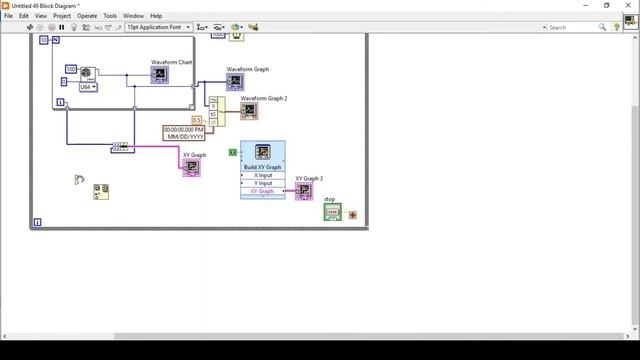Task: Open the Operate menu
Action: [87, 16]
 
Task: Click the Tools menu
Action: [110, 16]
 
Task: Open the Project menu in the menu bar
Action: [62, 16]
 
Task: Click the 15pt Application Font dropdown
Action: [158, 27]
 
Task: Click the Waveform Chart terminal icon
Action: [159, 75]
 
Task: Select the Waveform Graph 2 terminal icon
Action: [249, 110]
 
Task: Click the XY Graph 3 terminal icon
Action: [304, 191]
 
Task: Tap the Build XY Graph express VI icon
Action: [263, 152]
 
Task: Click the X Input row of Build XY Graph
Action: [263, 175]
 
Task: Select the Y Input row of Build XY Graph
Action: [263, 183]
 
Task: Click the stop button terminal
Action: [332, 212]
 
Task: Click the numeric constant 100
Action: [71, 69]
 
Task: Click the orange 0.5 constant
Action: [197, 120]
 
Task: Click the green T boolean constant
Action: [233, 151]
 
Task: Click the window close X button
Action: [628, 5]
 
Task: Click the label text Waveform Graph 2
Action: [263, 98]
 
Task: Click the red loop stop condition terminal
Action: [353, 215]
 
